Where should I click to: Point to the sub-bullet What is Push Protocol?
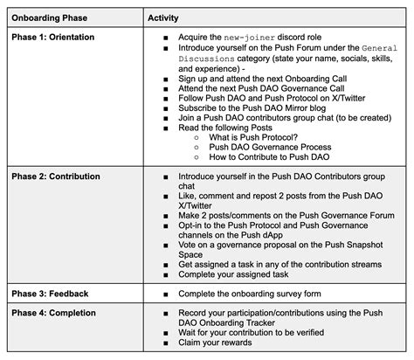click(x=252, y=137)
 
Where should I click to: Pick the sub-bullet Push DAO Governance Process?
click(x=266, y=147)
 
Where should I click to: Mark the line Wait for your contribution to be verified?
click(x=263, y=334)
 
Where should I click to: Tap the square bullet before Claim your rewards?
click(x=167, y=344)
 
